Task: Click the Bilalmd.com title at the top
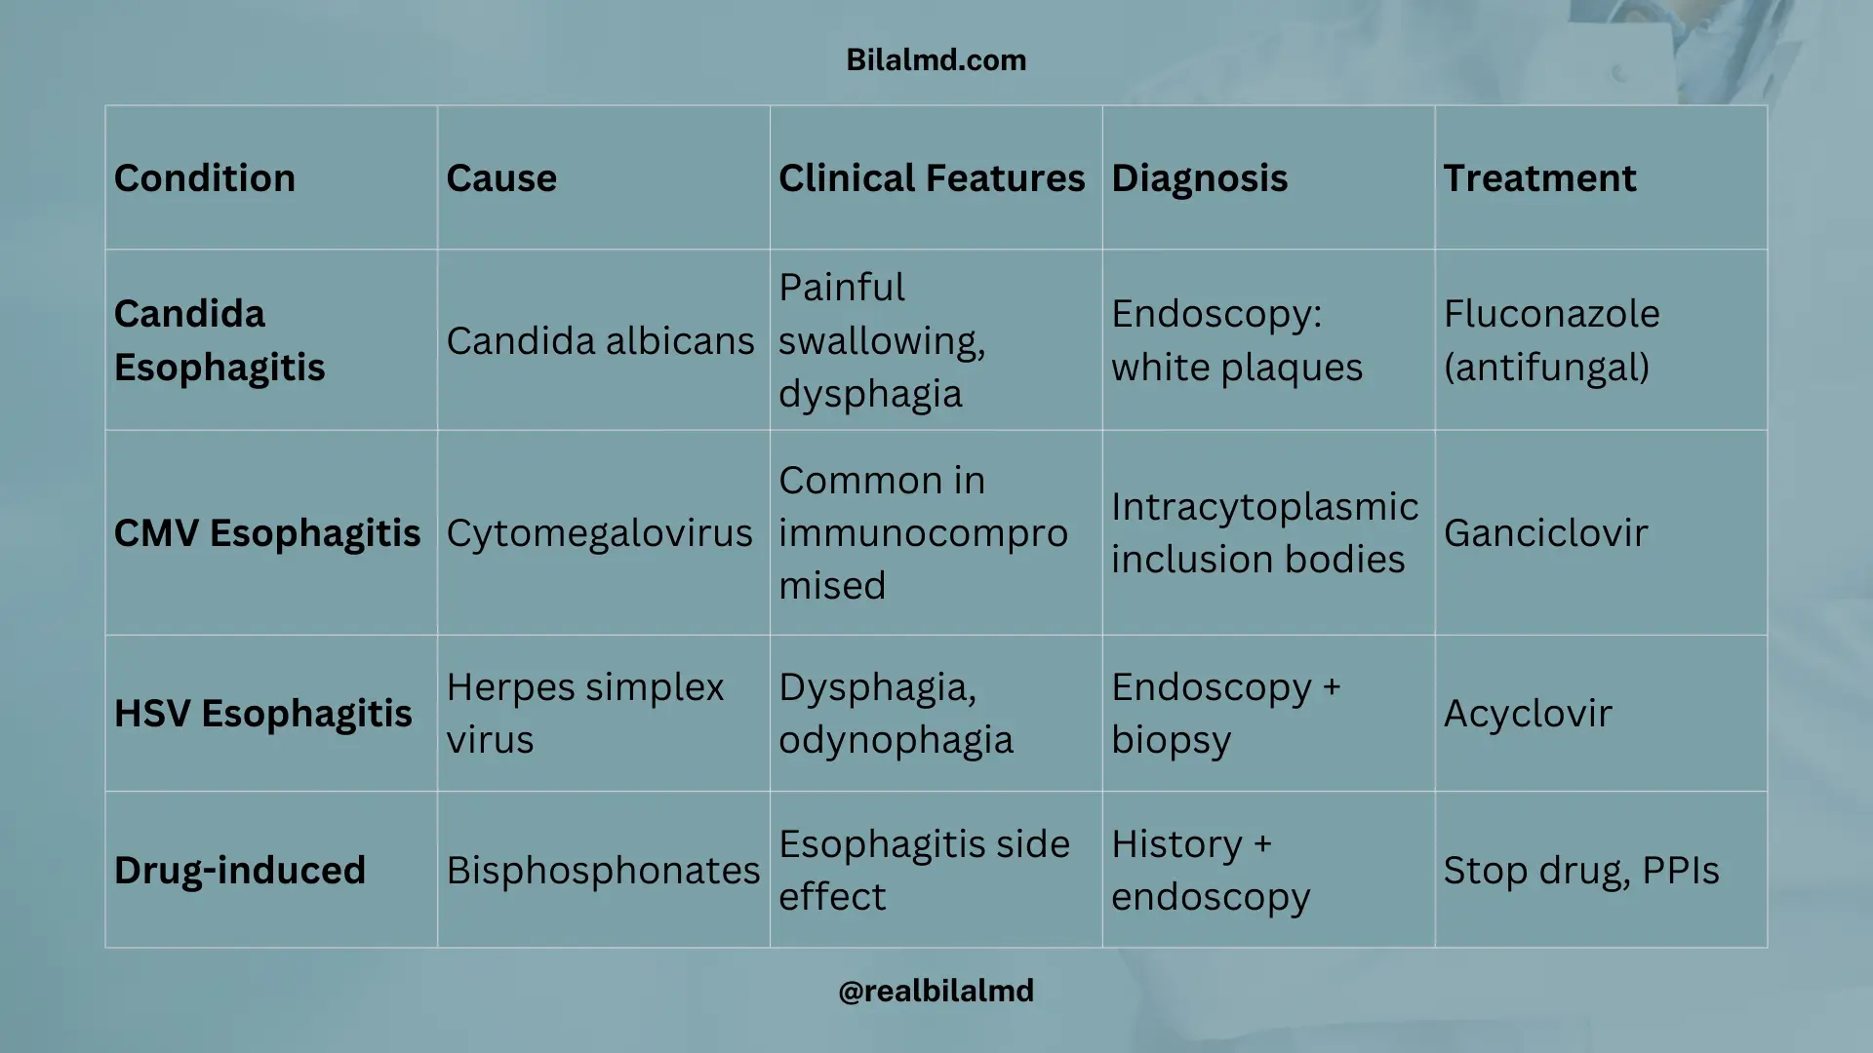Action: click(x=936, y=60)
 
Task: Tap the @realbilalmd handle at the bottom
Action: click(x=936, y=991)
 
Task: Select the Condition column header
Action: click(x=204, y=178)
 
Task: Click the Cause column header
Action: click(x=501, y=178)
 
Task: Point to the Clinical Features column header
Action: click(x=932, y=178)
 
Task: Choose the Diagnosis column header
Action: click(x=1199, y=178)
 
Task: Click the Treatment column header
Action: click(x=1539, y=178)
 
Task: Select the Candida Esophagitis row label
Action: click(x=219, y=340)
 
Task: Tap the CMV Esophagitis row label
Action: click(x=267, y=533)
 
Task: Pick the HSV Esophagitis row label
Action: click(x=263, y=714)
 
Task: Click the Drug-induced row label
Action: click(x=240, y=871)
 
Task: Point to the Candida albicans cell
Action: click(x=600, y=341)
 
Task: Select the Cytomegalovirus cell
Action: click(x=599, y=533)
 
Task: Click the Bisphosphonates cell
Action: click(x=603, y=871)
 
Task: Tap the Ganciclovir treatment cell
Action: click(x=1545, y=533)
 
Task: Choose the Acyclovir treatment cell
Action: click(x=1527, y=714)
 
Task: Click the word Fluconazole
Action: click(x=1551, y=314)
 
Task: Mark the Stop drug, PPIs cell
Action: click(x=1580, y=871)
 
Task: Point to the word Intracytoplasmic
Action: click(x=1264, y=507)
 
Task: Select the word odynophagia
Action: click(x=896, y=740)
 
